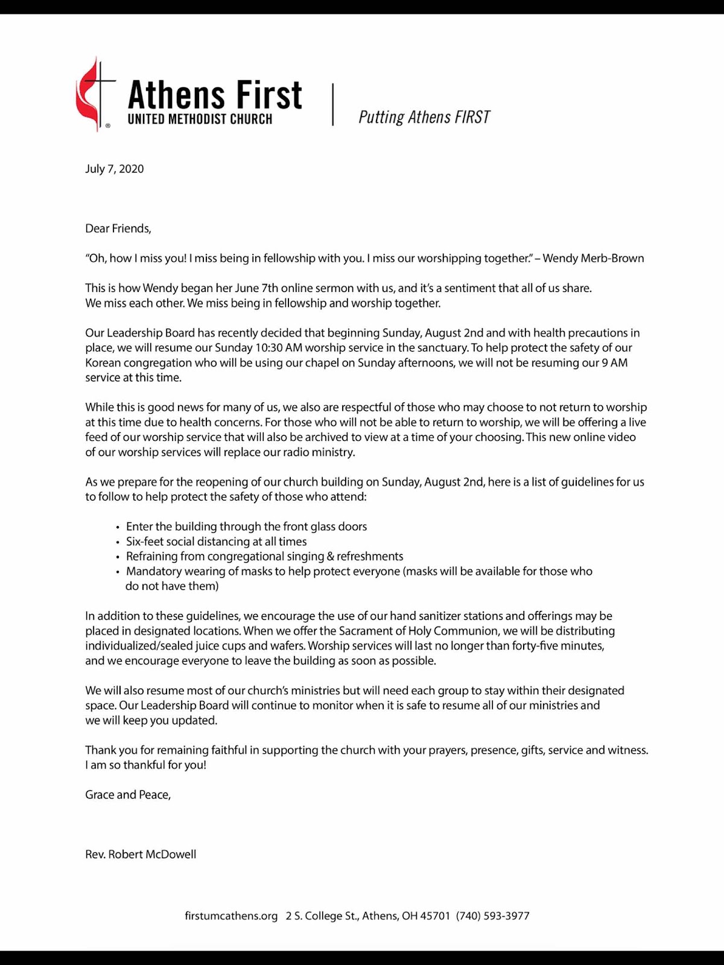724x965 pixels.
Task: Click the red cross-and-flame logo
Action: click(94, 94)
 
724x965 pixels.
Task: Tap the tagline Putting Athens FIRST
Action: click(424, 117)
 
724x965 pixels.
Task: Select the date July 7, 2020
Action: click(115, 169)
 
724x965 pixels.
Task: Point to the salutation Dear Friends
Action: click(118, 229)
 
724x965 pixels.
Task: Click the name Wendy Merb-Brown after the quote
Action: click(593, 258)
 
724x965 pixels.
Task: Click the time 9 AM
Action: click(614, 363)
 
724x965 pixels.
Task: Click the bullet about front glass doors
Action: click(246, 527)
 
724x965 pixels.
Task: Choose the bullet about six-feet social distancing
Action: click(216, 542)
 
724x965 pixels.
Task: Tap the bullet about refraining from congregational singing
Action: click(264, 556)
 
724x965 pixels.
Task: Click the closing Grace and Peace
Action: click(128, 795)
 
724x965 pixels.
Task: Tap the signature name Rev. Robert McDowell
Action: click(141, 855)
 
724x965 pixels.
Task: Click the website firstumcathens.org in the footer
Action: click(231, 916)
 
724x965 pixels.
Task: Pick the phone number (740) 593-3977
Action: click(492, 916)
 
